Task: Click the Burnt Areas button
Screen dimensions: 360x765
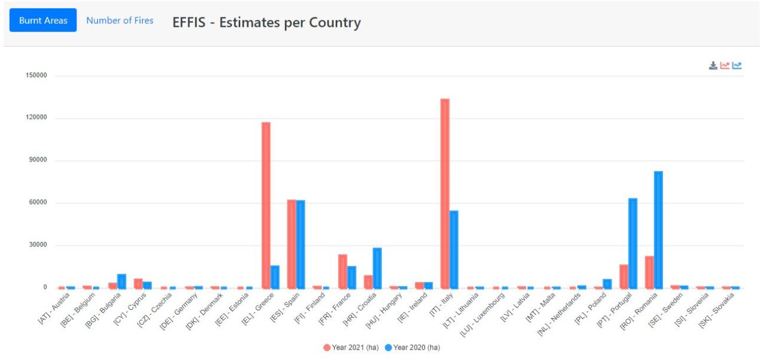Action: [x=43, y=20]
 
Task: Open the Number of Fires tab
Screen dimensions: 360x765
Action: [x=120, y=20]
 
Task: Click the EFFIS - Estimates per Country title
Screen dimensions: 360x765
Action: [x=267, y=23]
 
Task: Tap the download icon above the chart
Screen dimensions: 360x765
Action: [x=713, y=66]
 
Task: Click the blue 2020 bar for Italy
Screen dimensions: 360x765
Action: [x=454, y=249]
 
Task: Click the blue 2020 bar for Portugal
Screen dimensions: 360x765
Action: [x=632, y=243]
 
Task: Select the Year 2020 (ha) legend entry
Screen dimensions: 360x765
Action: [x=412, y=347]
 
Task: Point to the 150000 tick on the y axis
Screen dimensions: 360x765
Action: [x=36, y=76]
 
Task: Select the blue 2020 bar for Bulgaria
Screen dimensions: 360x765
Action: [x=121, y=280]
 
